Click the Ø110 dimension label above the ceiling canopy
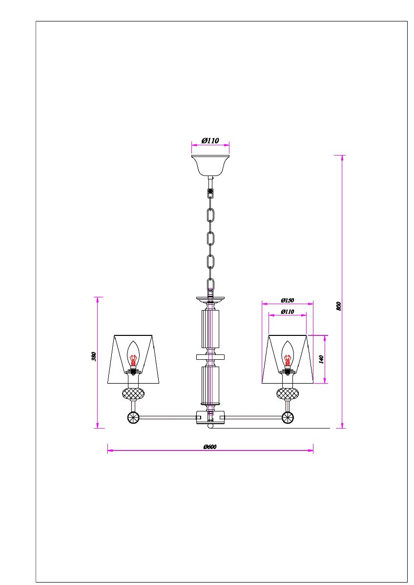pos(210,140)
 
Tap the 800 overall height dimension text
pos(338,306)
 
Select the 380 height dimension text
pos(94,356)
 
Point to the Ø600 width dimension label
pos(210,447)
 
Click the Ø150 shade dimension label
pos(287,300)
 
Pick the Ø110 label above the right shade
pos(287,312)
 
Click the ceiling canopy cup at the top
pos(210,165)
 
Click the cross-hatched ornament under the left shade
pos(133,393)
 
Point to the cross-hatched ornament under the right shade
pos(288,393)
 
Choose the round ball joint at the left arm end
pos(133,417)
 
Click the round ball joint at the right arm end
pos(288,417)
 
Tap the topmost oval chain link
pos(211,215)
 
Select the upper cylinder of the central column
pos(210,328)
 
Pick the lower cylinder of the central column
pos(210,385)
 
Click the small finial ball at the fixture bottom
pos(210,427)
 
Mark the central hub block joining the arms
pos(210,417)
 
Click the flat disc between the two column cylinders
pos(210,357)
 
